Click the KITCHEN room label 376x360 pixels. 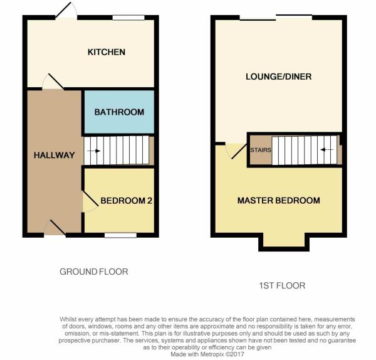pos(107,52)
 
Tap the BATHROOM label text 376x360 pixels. pos(119,112)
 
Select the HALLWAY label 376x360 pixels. pos(54,155)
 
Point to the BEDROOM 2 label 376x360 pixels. pos(126,201)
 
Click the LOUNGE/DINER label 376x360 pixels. pos(279,77)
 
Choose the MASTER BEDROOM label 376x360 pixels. pos(279,201)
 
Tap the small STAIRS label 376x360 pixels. pos(261,150)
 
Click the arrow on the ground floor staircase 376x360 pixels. pos(93,151)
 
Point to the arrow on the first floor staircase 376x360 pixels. pos(327,149)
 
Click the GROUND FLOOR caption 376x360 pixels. pos(94,272)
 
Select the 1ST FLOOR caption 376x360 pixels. pos(282,285)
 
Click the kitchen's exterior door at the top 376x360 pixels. pos(66,11)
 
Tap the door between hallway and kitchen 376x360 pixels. pos(53,82)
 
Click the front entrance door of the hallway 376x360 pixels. pos(55,228)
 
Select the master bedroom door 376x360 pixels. pos(236,151)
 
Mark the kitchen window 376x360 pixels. pos(128,18)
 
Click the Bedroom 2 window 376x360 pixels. pos(120,235)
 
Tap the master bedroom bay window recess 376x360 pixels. pos(284,240)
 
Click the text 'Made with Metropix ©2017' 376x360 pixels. pos(207,354)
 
